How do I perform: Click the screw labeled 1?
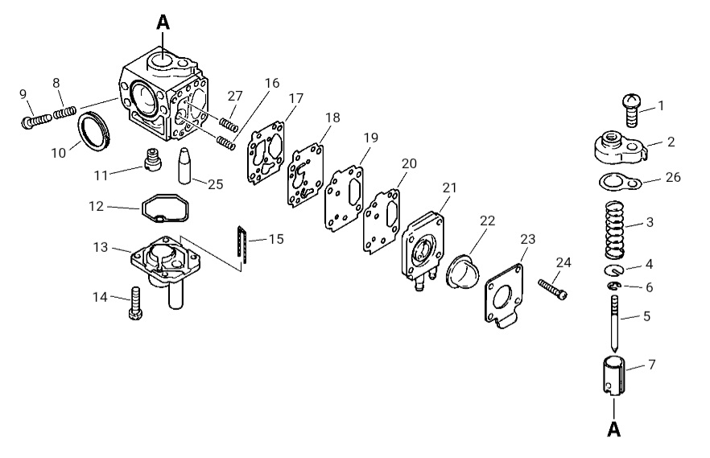pos(632,110)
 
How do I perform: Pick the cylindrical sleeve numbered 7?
pos(613,376)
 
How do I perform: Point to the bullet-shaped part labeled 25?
pos(186,166)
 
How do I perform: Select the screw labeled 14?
pos(136,303)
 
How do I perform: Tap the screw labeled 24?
pos(552,289)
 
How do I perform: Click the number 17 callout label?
pos(295,98)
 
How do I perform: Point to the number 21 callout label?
pos(449,188)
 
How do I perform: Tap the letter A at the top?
pos(163,22)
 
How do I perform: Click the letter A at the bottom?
pos(613,428)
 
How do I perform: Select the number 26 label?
pos(673,177)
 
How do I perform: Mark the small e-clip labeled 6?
pos(614,285)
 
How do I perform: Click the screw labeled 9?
pos(35,120)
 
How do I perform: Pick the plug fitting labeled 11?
pos(154,159)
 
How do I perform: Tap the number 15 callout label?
pos(276,239)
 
